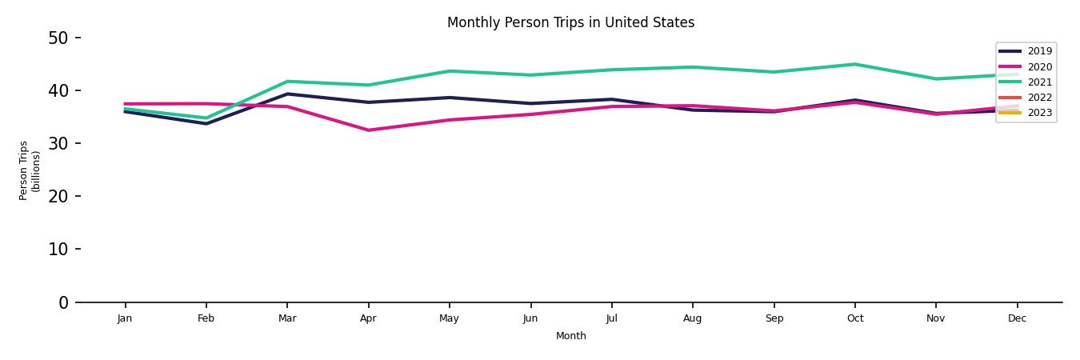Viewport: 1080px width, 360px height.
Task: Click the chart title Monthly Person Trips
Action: pos(570,22)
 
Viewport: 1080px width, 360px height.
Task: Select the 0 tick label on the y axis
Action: pos(63,302)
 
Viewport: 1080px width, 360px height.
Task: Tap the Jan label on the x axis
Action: pos(125,318)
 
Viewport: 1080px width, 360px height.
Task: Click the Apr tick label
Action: pos(368,318)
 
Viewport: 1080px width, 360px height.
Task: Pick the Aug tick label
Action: pos(693,318)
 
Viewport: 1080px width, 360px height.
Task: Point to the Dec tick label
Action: pos(1017,318)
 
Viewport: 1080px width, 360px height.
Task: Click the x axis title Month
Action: pos(571,336)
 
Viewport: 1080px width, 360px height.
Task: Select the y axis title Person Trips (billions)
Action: pos(30,170)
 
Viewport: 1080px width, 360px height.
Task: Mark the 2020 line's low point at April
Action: pos(368,130)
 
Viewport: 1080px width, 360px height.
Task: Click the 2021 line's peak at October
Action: pos(854,64)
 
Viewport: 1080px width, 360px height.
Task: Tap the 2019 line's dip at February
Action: pos(206,123)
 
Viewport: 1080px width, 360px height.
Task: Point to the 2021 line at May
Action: pos(450,71)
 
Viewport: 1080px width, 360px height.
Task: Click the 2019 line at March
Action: pos(287,94)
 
